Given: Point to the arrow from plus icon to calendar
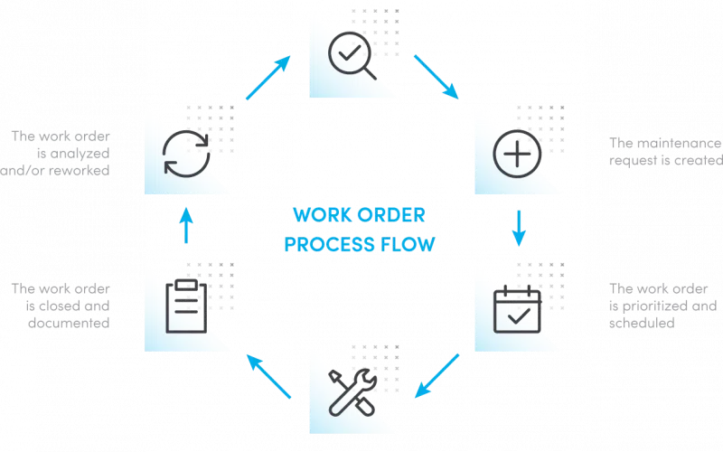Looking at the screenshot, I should [519, 230].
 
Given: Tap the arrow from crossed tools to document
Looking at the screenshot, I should [270, 376].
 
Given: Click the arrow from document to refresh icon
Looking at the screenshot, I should [185, 230].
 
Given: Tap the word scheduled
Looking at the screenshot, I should [643, 323].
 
